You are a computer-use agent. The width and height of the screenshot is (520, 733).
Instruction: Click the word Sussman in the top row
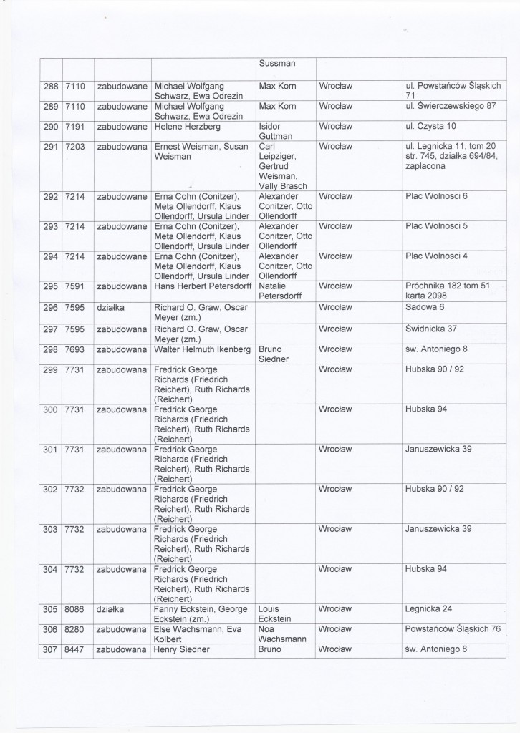[x=277, y=62]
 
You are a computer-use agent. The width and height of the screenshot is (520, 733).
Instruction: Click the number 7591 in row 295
[x=75, y=286]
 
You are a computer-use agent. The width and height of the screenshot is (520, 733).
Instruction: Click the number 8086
[x=75, y=609]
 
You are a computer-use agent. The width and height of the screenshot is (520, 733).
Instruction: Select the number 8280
[x=75, y=629]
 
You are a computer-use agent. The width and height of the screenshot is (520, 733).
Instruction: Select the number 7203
[x=75, y=147]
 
